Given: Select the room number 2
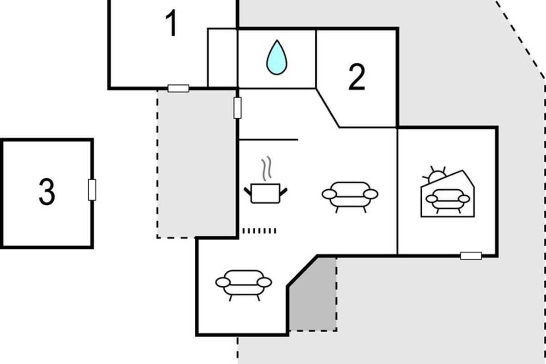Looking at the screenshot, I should click(357, 78).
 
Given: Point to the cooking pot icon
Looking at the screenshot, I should click(266, 193).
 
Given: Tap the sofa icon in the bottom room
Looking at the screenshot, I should click(243, 284).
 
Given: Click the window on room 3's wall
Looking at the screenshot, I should click(92, 190).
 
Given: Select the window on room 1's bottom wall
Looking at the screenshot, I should click(178, 88).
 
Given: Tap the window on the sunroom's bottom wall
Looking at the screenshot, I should click(471, 256).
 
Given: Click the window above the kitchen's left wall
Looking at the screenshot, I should click(238, 108).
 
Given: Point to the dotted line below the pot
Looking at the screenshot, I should click(259, 231).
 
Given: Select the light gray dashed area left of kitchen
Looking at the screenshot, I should click(196, 164).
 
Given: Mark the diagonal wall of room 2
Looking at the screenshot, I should click(328, 108).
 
